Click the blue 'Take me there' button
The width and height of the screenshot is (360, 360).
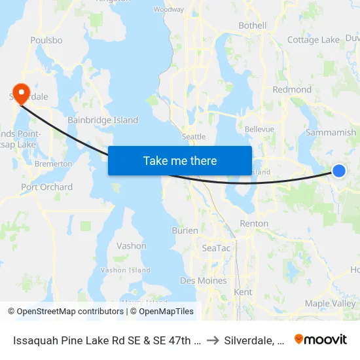[x=180, y=160]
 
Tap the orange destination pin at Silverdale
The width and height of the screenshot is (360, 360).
[x=21, y=92]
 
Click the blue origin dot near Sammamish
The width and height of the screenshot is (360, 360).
[x=339, y=170]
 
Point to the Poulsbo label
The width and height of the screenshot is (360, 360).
[x=46, y=40]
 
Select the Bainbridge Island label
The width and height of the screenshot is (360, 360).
[x=103, y=120]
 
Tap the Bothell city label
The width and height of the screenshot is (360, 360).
[x=252, y=26]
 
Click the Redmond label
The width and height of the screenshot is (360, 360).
[x=292, y=90]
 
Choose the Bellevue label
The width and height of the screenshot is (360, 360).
[x=259, y=130]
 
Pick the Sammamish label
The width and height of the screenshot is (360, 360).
[x=331, y=132]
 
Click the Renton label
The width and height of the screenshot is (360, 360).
[x=254, y=223]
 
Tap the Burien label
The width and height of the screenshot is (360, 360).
[x=185, y=230]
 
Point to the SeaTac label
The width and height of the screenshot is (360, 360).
[x=216, y=248]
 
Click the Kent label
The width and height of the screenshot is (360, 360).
[x=243, y=292]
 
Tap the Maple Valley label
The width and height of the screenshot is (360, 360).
[x=331, y=304]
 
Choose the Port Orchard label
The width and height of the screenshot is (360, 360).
[x=47, y=187]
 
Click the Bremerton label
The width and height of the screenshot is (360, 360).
[x=53, y=164]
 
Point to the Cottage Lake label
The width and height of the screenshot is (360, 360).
[x=314, y=40]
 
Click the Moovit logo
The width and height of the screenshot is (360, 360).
[x=321, y=339]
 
